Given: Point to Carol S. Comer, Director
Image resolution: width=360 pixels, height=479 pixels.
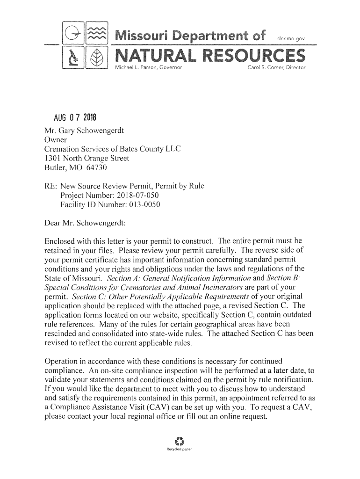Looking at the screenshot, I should coord(275,68).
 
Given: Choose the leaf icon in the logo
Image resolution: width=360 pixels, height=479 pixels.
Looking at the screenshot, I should coord(97,58).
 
